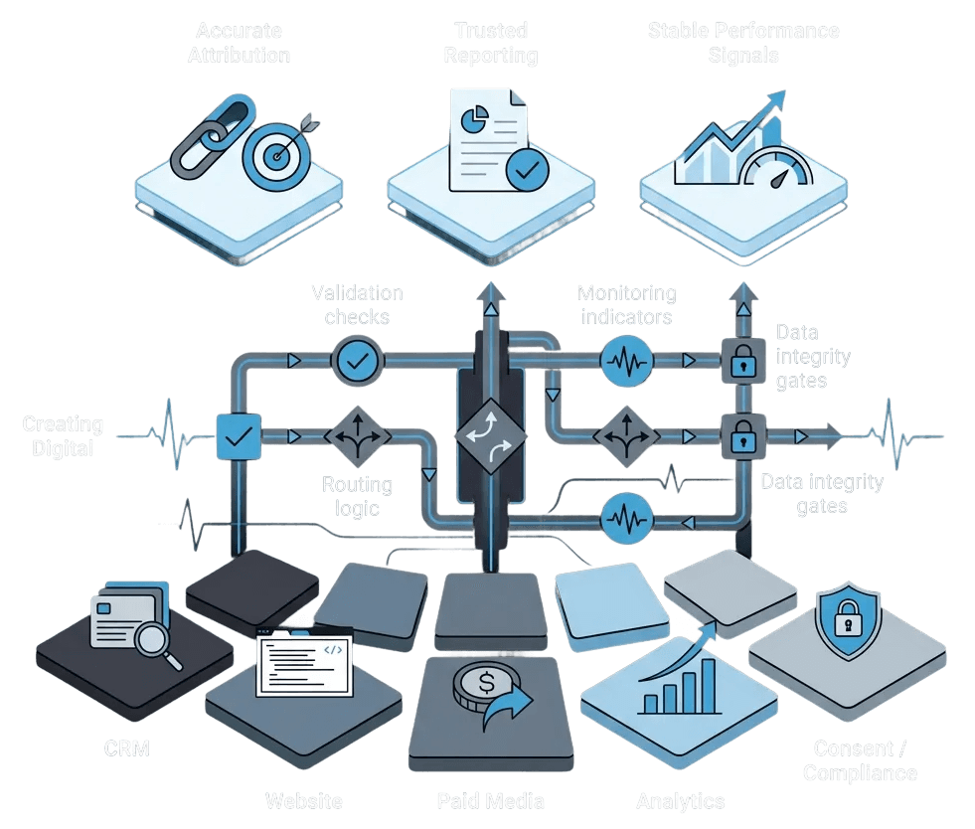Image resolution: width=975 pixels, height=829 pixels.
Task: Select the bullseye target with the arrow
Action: pos(273,154)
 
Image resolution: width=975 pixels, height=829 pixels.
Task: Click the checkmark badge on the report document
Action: pos(525,170)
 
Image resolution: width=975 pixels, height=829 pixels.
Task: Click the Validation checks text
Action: pos(357,304)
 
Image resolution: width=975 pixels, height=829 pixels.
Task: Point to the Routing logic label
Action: pos(357,496)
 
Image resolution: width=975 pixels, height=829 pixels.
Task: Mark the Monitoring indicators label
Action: pos(626,304)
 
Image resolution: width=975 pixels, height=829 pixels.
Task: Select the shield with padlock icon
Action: pos(847,623)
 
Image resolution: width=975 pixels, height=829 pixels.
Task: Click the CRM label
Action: pos(127,748)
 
